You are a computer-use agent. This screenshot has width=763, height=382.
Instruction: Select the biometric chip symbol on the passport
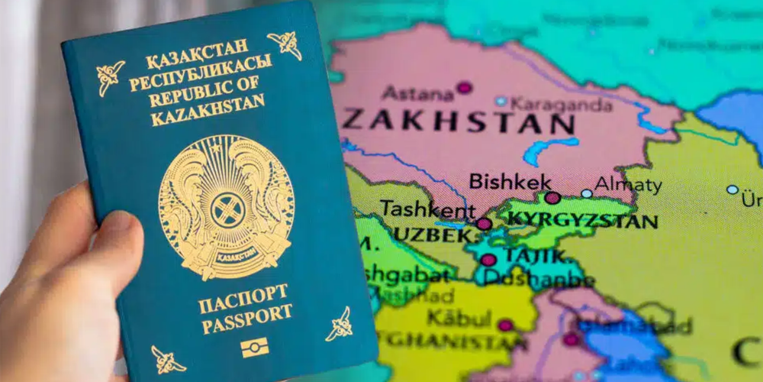[254, 348]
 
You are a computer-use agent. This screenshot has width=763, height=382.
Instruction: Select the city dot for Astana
[464, 88]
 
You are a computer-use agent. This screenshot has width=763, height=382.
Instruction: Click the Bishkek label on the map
[498, 182]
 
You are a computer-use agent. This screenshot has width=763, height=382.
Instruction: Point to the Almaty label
[628, 185]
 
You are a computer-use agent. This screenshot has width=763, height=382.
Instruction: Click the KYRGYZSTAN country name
[581, 222]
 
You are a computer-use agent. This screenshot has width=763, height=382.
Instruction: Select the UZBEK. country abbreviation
[435, 237]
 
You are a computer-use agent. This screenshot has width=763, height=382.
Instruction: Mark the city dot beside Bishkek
[553, 198]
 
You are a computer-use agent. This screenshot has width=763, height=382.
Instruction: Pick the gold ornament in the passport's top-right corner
[285, 44]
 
